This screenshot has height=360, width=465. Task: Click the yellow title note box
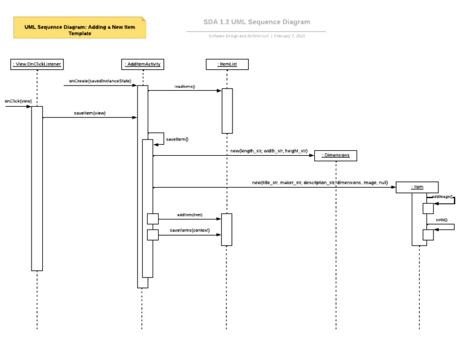click(79, 28)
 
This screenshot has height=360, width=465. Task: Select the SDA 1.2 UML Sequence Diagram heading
click(257, 22)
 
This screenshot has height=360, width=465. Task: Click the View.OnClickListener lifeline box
click(37, 64)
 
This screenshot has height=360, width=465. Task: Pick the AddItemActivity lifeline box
click(142, 64)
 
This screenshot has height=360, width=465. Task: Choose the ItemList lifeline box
click(226, 64)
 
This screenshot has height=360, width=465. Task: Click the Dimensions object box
click(335, 156)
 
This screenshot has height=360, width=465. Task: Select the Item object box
click(417, 187)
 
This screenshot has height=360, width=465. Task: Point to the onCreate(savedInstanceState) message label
click(100, 80)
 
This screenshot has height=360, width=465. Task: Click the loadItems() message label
click(185, 87)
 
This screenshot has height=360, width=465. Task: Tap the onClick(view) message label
click(18, 101)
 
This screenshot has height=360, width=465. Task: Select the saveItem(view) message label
click(90, 113)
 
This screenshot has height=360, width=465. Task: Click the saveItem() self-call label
click(177, 139)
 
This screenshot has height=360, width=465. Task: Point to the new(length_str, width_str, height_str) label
click(268, 150)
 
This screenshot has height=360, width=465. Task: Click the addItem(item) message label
click(190, 215)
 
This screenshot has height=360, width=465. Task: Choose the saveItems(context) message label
click(190, 230)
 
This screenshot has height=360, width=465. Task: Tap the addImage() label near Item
click(443, 197)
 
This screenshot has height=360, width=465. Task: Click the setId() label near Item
click(441, 220)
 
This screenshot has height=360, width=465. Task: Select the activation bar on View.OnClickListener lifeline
click(37, 188)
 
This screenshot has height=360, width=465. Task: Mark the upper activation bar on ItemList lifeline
click(226, 110)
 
